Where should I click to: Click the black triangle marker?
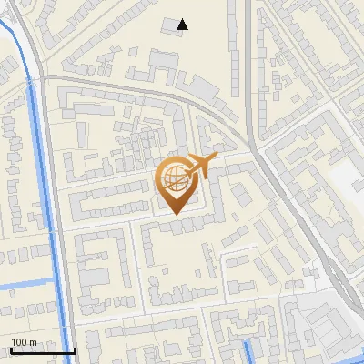click(183, 25)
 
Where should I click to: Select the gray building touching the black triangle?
click(171, 27)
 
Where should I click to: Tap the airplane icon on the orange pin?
click(201, 167)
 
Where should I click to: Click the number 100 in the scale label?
click(19, 341)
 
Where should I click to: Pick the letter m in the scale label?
click(32, 341)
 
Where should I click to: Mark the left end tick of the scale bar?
click(10, 349)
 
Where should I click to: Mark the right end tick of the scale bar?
click(75, 349)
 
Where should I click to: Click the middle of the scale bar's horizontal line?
click(42, 351)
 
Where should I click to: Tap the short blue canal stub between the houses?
click(250, 352)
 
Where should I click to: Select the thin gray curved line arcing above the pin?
click(146, 91)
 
